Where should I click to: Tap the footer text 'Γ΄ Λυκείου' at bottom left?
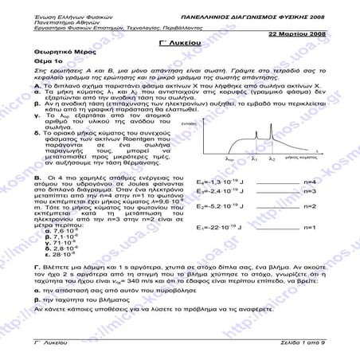coord(48,340)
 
